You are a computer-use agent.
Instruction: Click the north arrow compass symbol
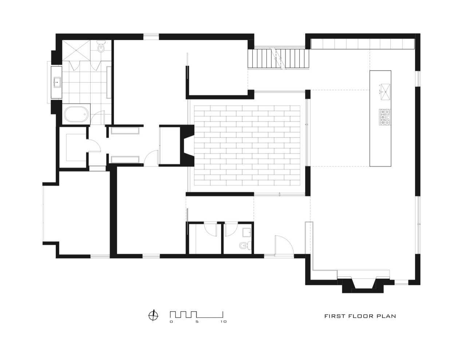click(x=154, y=315)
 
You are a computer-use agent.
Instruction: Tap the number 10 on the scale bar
click(x=223, y=322)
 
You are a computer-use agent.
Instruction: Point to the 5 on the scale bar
click(x=197, y=322)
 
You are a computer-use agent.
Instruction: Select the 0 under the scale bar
click(x=171, y=322)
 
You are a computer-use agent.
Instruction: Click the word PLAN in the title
click(x=387, y=316)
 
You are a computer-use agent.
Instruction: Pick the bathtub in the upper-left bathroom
click(x=76, y=114)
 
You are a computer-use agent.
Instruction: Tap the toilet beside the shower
click(x=101, y=47)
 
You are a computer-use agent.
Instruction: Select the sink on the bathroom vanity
click(x=57, y=82)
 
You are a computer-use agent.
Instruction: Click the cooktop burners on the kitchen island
click(x=384, y=118)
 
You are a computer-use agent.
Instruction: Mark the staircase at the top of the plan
click(x=279, y=58)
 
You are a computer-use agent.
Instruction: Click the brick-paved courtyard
click(x=248, y=146)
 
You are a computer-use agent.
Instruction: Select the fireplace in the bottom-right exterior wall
click(x=363, y=284)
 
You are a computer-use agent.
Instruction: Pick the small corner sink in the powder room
click(x=247, y=232)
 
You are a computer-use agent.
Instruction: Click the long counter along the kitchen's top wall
click(x=363, y=44)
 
